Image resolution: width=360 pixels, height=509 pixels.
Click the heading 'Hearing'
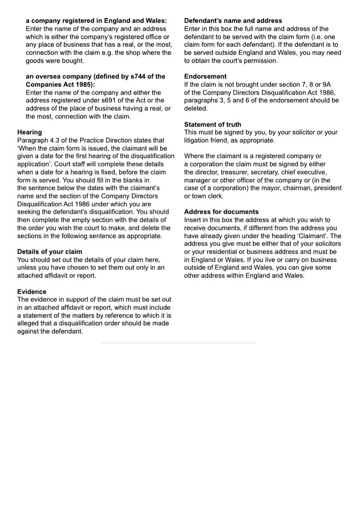pos(30,132)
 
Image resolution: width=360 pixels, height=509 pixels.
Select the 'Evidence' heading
pos(31,292)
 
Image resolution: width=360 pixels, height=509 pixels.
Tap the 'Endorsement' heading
pos(206,77)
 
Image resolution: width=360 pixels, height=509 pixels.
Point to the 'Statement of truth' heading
pos(213,125)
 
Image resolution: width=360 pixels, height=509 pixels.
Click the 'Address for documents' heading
pos(221,212)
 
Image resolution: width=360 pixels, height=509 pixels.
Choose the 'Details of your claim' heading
pos(49,252)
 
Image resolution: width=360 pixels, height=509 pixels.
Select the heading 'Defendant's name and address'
pos(233,21)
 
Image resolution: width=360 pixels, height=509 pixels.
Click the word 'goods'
pos(34,61)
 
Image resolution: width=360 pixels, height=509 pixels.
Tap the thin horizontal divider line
pos(179,343)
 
